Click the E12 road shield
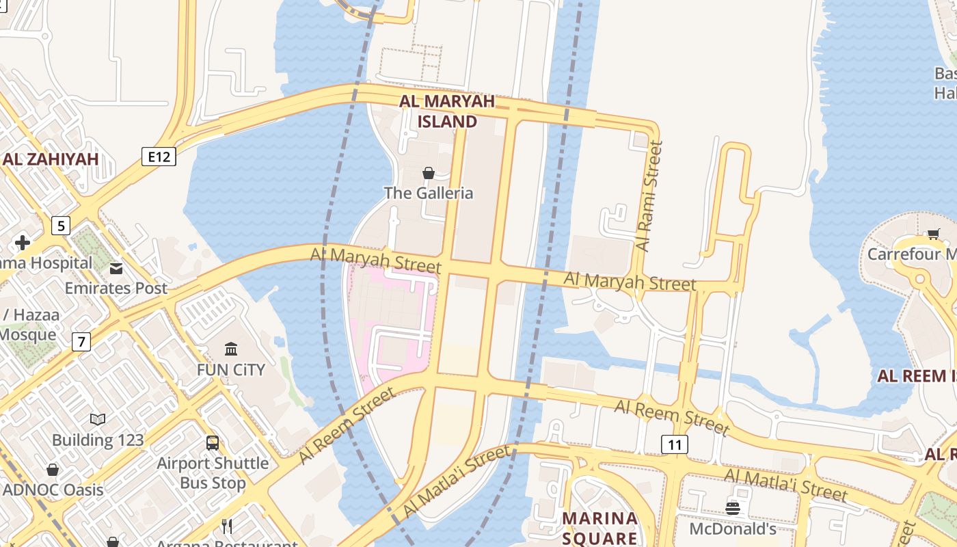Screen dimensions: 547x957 click(159, 157)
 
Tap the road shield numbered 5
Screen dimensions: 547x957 click(61, 225)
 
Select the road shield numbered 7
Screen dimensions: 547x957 click(81, 341)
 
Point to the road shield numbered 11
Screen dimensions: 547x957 click(675, 445)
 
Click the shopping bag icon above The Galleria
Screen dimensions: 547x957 click(429, 173)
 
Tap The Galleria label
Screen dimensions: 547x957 click(429, 193)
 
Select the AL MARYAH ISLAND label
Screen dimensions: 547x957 click(447, 111)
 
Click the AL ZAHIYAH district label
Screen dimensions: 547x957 click(51, 159)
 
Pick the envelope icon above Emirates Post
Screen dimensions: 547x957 click(116, 268)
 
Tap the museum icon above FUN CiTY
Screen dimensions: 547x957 click(231, 349)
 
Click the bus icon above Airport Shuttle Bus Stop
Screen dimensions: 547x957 click(213, 443)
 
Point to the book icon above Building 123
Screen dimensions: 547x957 click(98, 419)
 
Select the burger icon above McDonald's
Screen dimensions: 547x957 click(733, 508)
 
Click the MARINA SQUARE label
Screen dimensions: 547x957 click(600, 528)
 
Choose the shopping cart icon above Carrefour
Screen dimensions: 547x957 click(933, 234)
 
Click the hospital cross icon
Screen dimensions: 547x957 click(23, 243)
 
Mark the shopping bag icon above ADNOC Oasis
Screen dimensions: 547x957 click(53, 470)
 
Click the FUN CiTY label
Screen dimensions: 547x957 click(231, 369)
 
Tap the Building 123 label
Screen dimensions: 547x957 click(98, 439)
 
